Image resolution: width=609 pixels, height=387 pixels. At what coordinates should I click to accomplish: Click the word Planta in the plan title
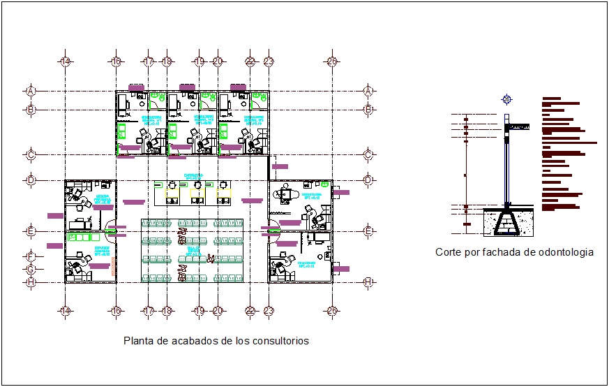tap(138, 341)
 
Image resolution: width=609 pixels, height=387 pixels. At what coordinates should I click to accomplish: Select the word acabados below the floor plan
tap(188, 341)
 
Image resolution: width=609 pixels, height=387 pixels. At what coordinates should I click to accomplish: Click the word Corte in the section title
tap(449, 252)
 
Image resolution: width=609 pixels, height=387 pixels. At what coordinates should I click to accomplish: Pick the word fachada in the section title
tap(498, 252)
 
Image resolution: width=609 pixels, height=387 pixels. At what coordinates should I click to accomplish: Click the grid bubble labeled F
tap(31, 256)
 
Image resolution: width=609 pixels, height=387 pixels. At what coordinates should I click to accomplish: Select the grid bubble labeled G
tap(31, 269)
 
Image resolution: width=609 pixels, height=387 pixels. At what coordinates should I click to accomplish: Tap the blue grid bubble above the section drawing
tap(506, 99)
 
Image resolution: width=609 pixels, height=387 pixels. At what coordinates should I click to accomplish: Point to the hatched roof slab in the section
tap(520, 126)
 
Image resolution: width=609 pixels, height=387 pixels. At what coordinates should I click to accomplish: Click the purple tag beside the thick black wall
tap(280, 166)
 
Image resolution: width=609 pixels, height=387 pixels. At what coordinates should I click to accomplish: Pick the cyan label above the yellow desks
tap(193, 176)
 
